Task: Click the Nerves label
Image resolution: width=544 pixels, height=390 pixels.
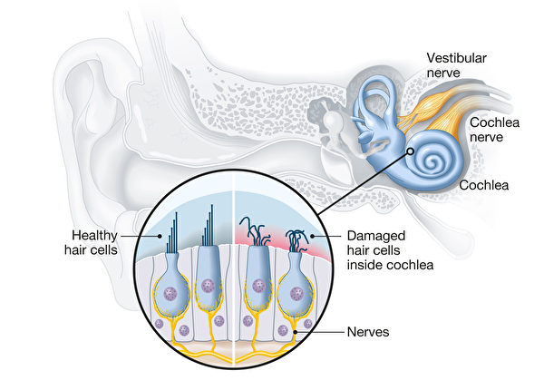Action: (367, 333)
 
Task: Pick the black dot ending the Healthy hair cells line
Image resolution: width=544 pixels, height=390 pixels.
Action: (161, 234)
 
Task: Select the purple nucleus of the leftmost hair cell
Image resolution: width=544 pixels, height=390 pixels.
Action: (170, 286)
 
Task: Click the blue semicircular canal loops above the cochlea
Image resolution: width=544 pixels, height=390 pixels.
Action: (373, 99)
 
